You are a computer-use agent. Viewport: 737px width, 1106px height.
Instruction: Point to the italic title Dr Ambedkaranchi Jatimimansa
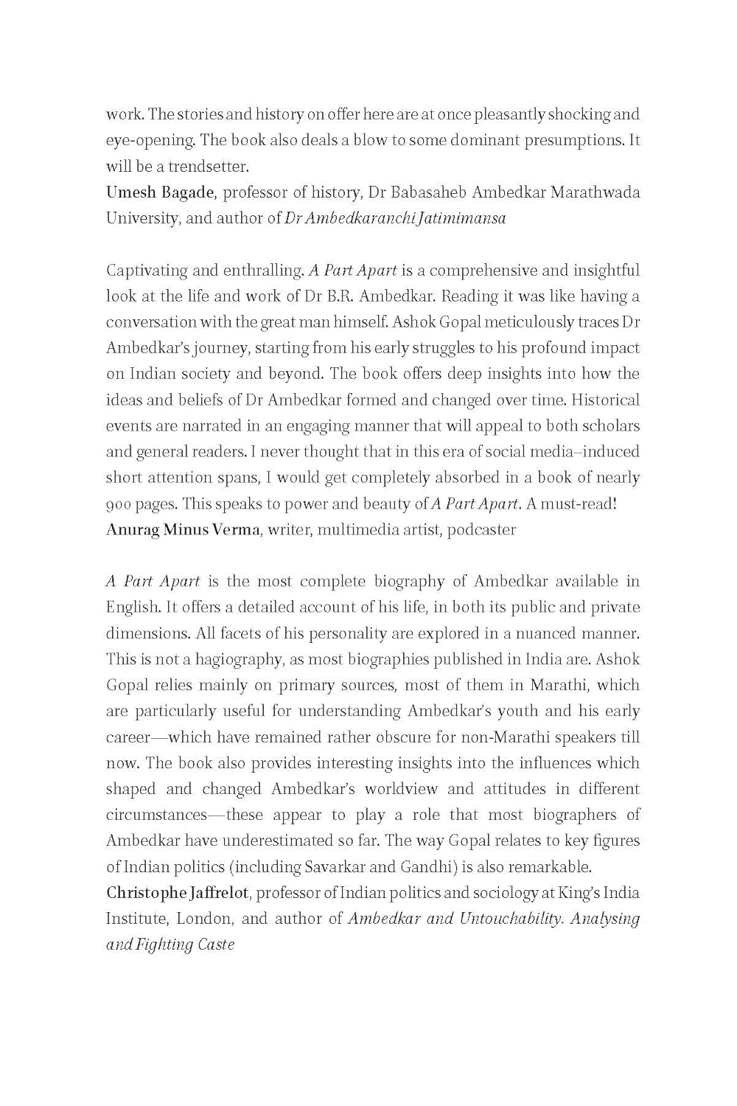[x=395, y=218]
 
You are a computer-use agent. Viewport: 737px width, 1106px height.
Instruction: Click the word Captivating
[x=145, y=271]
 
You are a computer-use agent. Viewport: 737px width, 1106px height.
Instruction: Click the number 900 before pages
[x=119, y=504]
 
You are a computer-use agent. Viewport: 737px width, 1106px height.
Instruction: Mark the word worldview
[x=391, y=789]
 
